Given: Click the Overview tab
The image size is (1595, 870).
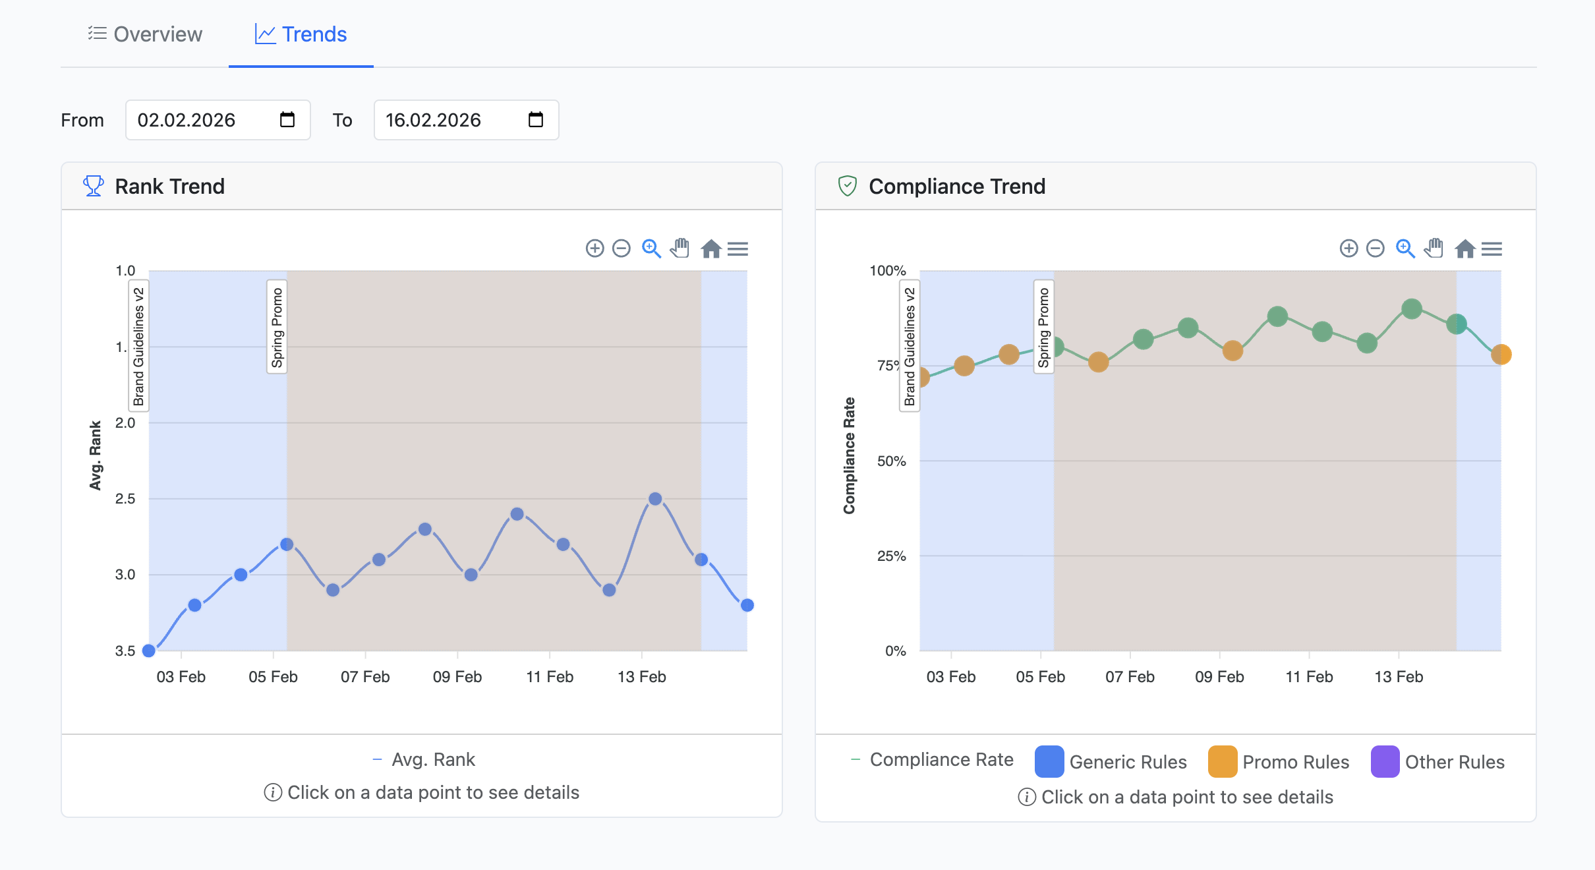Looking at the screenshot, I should [145, 34].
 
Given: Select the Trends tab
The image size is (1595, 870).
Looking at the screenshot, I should [301, 34].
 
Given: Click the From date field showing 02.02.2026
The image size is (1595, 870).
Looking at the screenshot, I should [198, 120].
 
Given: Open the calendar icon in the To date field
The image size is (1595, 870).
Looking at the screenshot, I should [536, 120].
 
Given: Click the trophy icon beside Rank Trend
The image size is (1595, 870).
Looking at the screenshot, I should [94, 187].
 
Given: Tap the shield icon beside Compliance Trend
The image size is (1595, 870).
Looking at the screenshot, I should [847, 187].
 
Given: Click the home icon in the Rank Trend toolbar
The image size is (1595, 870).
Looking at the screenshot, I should [710, 248].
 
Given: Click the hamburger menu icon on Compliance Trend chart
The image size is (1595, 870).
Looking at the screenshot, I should [1492, 248].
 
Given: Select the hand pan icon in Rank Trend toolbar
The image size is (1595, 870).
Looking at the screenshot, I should [680, 248].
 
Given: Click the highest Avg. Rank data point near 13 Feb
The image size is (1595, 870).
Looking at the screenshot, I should [655, 499].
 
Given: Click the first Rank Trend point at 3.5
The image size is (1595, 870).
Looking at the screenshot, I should [149, 651].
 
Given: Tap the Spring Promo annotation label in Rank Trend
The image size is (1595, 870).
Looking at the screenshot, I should [277, 327].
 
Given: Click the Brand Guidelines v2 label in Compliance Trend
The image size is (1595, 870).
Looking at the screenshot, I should [910, 346].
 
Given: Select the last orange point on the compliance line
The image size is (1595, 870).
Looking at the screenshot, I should [1501, 355].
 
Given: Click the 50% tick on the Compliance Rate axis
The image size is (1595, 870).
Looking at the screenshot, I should [891, 461].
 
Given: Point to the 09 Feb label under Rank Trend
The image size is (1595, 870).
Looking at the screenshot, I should [457, 677].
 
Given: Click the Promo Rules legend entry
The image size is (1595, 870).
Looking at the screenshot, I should [1279, 762].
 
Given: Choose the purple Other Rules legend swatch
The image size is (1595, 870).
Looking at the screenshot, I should [1385, 762].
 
